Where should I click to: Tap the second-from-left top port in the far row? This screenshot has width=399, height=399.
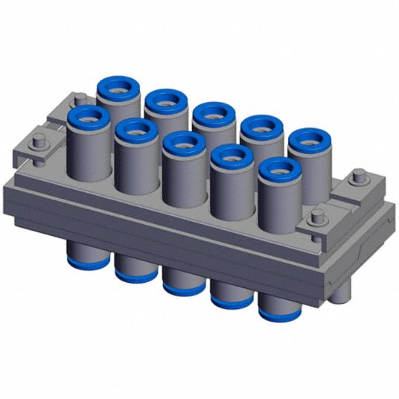click(x=165, y=100)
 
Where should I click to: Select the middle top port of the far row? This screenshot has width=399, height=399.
click(x=214, y=114)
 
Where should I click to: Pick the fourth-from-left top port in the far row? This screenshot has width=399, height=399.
click(x=261, y=127)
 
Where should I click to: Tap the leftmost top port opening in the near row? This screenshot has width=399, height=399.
click(x=87, y=115)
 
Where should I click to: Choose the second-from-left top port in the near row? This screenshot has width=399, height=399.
click(x=135, y=130)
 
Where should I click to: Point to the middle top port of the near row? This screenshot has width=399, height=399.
click(x=183, y=143)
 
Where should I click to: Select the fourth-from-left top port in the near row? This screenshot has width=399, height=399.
click(x=232, y=157)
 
